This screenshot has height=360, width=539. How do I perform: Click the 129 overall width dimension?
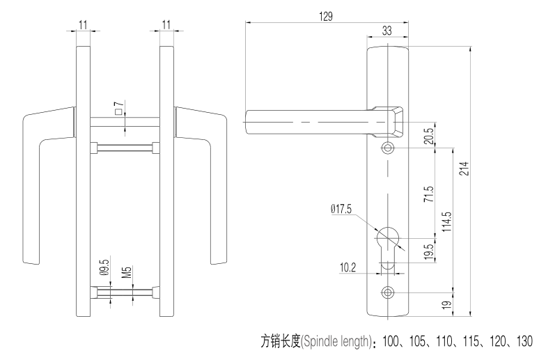point(325,15)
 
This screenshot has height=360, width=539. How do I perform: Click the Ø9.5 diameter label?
point(104,269)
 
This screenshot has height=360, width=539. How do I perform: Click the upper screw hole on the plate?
point(388,148)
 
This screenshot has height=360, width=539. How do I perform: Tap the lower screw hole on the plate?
point(388,290)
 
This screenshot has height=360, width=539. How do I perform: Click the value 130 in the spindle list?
point(522,341)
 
